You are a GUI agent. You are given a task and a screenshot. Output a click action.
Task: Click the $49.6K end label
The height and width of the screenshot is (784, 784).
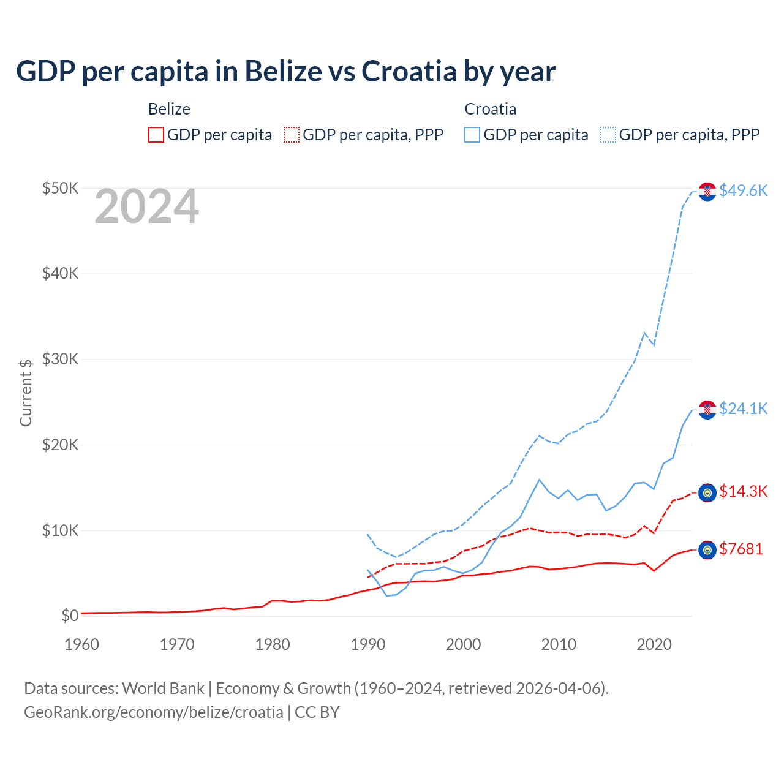point(743,190)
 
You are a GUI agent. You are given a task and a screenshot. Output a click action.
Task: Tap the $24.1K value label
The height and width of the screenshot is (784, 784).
point(743,409)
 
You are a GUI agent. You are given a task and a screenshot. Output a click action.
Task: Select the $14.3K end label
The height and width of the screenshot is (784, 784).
point(743,491)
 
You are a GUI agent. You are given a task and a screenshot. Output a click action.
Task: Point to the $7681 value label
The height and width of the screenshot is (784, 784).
point(741,549)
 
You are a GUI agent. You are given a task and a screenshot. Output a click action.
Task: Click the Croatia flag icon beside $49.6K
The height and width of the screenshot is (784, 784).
point(707,192)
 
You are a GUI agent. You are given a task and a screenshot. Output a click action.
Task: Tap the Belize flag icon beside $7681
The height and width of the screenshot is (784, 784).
point(707,550)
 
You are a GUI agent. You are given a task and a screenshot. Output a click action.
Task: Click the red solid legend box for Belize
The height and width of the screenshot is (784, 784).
point(156,135)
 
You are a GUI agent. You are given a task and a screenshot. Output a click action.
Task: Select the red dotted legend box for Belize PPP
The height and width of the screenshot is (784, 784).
point(292,135)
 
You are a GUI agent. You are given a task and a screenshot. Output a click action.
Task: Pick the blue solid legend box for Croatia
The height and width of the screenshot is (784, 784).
point(472,135)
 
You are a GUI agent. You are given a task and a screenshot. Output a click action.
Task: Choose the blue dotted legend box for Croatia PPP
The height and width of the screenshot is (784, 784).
point(608,135)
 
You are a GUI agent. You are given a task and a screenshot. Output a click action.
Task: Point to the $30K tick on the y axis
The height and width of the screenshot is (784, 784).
point(60,359)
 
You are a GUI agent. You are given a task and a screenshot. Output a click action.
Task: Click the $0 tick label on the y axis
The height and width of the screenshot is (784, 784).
point(70,616)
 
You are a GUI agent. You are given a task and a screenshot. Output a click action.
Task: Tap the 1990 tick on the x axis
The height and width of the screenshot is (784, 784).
point(368,644)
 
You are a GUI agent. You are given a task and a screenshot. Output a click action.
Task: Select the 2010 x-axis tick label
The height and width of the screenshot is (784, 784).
point(559,644)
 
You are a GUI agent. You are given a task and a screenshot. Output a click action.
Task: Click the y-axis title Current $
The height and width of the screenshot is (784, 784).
point(26,393)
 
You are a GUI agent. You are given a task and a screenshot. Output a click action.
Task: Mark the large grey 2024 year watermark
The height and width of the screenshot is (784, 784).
point(146,207)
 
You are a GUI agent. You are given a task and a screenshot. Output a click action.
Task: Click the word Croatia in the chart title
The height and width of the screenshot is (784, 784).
point(409,71)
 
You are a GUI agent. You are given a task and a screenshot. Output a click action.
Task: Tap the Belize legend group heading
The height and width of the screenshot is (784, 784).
point(169,109)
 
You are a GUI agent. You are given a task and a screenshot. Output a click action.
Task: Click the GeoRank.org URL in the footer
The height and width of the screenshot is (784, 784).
point(154,712)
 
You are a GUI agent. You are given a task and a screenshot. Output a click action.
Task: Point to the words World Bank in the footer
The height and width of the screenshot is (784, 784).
point(163,688)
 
